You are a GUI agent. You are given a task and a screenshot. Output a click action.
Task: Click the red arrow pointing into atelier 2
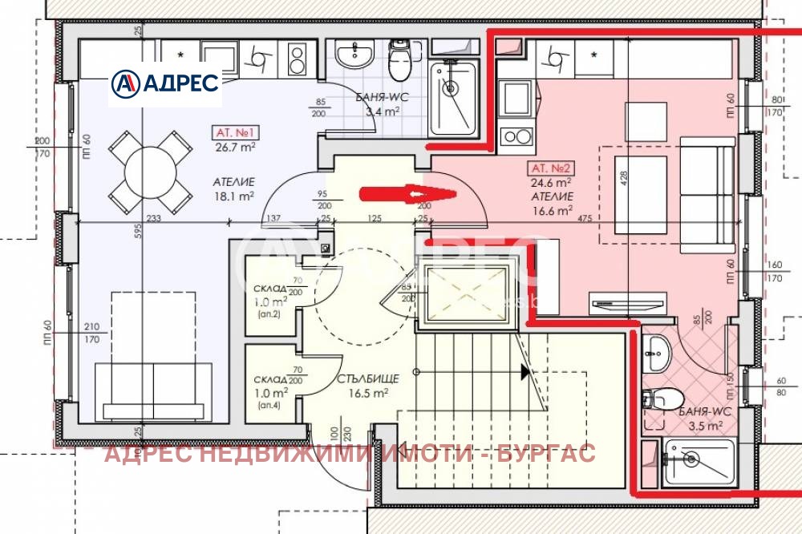coord(407,194)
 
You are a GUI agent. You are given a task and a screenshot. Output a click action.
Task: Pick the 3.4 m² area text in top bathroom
coord(383,113)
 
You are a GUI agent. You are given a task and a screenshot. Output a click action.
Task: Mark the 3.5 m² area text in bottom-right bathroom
coord(703,427)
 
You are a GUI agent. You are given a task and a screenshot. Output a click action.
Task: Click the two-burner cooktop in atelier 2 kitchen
coord(516,136)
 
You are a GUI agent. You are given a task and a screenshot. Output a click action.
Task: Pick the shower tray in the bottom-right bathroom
coord(697,462)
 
